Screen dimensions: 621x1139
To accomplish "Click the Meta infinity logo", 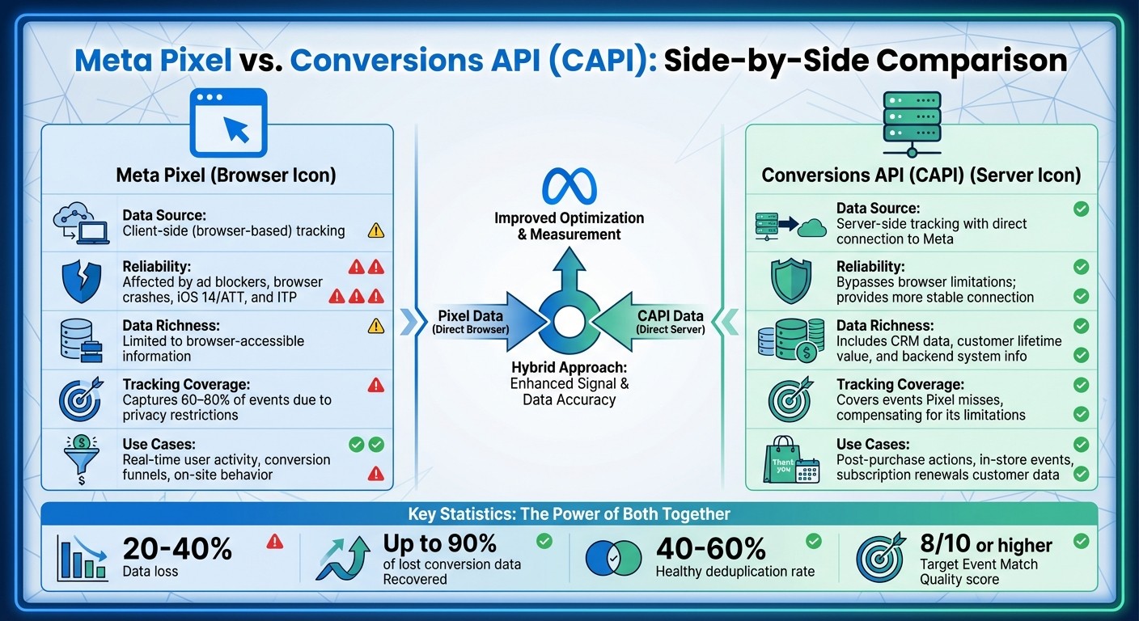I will click(x=569, y=185).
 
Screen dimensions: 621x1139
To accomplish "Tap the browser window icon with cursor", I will click(x=228, y=122).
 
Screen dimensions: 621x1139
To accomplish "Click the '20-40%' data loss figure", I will click(x=177, y=549).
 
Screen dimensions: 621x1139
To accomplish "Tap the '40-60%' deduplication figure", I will click(x=710, y=549).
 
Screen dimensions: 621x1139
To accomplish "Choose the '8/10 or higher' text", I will click(x=986, y=545).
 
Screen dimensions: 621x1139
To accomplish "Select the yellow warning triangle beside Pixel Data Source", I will click(x=375, y=230).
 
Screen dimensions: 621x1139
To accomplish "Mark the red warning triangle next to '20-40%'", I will click(x=274, y=541).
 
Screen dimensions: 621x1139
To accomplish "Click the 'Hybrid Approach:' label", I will click(x=569, y=367).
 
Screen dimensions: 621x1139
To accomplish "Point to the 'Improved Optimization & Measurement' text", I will click(x=569, y=226).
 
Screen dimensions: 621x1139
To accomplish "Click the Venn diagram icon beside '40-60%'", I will click(x=612, y=557).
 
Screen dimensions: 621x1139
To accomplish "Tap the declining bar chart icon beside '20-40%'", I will click(x=83, y=557).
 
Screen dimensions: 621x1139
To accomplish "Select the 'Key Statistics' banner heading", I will click(x=569, y=514).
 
